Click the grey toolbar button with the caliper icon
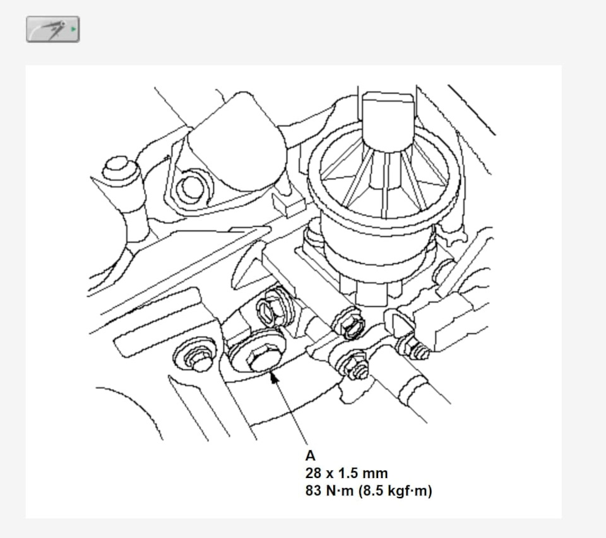pyautogui.click(x=53, y=30)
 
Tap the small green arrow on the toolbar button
pyautogui.click(x=73, y=29)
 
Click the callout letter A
pyautogui.click(x=311, y=456)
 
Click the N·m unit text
pyautogui.click(x=340, y=491)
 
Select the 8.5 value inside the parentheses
pyautogui.click(x=372, y=491)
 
